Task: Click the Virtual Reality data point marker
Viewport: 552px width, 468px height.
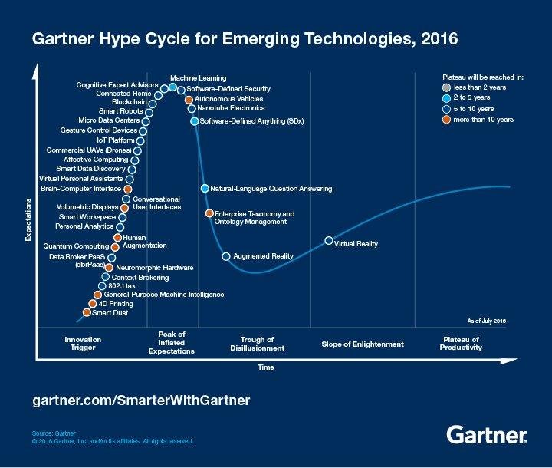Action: pyautogui.click(x=328, y=241)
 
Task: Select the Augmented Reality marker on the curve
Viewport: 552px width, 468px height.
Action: pyautogui.click(x=225, y=256)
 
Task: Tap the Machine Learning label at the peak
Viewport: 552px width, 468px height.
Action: pyautogui.click(x=193, y=79)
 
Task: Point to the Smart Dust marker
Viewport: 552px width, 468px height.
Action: pyautogui.click(x=86, y=312)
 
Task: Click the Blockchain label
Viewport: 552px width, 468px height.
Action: pyautogui.click(x=130, y=101)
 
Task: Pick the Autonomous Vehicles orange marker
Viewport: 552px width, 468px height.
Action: pyautogui.click(x=189, y=99)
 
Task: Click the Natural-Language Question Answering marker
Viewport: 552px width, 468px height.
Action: pyautogui.click(x=205, y=188)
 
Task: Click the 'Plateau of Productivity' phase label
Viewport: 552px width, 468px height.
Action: pyautogui.click(x=462, y=344)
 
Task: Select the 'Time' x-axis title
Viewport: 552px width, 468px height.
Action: pyautogui.click(x=266, y=367)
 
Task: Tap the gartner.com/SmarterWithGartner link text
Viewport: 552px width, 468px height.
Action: pyautogui.click(x=142, y=400)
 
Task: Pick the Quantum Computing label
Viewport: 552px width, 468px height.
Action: pyautogui.click(x=76, y=246)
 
